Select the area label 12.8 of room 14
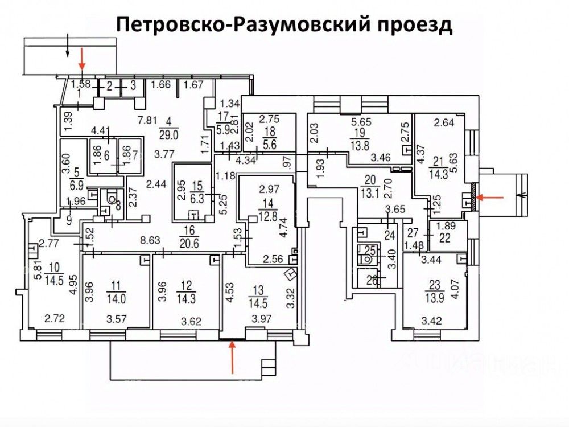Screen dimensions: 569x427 point(266,215)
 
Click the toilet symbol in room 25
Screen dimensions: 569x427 point(368,257)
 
